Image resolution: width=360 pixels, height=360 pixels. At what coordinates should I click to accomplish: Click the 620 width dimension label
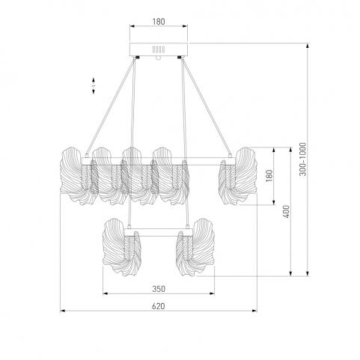[159, 306]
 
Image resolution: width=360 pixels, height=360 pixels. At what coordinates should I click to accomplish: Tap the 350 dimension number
[159, 289]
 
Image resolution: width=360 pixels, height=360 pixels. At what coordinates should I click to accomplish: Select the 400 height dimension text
[287, 211]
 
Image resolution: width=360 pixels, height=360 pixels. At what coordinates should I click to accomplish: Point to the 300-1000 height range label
[302, 159]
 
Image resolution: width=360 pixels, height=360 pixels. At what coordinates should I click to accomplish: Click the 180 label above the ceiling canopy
[159, 22]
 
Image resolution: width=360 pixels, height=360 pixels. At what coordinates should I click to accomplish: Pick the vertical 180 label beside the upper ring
[269, 176]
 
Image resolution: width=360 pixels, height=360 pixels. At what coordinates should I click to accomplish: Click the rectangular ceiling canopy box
[159, 49]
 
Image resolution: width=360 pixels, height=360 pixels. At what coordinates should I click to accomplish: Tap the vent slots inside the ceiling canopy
[159, 49]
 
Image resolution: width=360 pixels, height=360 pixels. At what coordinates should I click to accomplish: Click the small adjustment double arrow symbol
[94, 85]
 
